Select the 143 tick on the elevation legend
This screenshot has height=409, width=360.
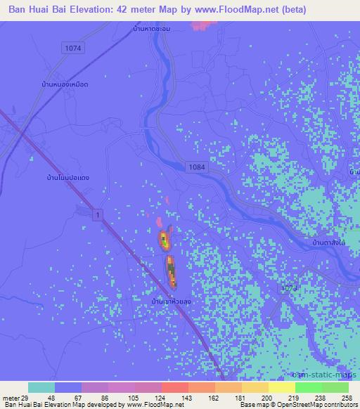[x=188, y=398]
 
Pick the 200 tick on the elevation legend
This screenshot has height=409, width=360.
[x=269, y=398]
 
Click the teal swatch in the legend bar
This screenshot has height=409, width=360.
[x=41, y=387]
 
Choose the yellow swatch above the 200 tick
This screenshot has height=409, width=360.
[x=255, y=387]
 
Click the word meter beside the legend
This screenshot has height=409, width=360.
[x=10, y=398]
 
